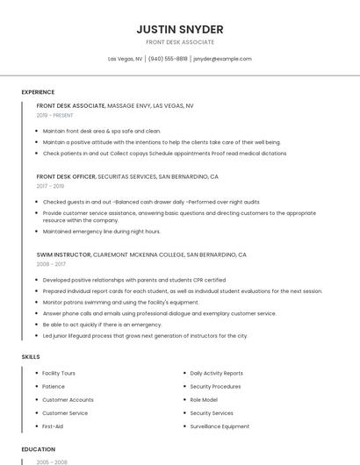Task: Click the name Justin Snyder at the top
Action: coord(180,29)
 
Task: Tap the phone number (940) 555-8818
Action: coord(168,59)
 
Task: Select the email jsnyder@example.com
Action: coord(222,59)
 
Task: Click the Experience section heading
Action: coord(38,92)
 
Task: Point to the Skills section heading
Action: coord(30,357)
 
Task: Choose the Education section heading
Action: coord(38,448)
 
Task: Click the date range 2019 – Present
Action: coord(55,115)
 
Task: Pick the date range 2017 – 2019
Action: coord(50,186)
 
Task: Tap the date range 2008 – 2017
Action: coord(51,263)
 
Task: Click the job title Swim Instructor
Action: coord(63,254)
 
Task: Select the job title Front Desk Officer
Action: coord(66,176)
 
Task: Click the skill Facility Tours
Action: coord(59,373)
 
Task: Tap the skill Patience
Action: coord(54,386)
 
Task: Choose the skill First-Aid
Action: coord(53,426)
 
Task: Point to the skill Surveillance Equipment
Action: coord(220,426)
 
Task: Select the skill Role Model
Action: coord(205,399)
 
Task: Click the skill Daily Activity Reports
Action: coord(216,373)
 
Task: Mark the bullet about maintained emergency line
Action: coord(102,232)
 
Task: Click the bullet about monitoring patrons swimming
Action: coord(121,302)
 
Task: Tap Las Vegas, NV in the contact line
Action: coord(125,59)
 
